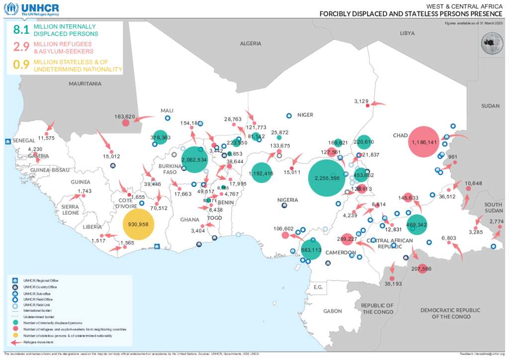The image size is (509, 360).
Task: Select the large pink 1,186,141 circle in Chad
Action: [424, 142]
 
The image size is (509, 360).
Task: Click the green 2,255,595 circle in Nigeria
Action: [327, 178]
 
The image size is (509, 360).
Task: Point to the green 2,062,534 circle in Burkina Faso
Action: [194, 160]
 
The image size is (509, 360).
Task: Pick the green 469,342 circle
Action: [417, 225]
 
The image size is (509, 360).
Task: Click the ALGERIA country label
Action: [251, 44]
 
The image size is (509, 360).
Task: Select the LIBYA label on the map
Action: [407, 33]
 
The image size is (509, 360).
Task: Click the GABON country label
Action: [333, 311]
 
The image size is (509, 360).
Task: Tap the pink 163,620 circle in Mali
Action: [126, 122]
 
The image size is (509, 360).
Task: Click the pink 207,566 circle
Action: [423, 269]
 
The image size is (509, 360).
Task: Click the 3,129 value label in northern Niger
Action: [361, 101]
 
